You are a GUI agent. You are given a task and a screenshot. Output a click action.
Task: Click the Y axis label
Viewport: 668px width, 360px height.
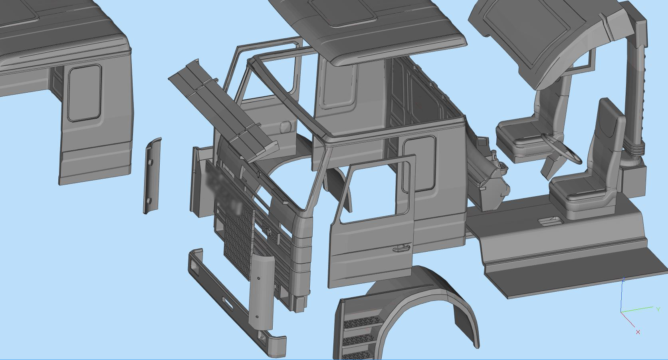pos(658,309)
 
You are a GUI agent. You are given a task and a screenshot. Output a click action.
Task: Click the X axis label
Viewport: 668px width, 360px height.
pos(638,332)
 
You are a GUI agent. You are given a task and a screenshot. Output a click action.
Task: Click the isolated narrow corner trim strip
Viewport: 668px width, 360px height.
pos(151,176)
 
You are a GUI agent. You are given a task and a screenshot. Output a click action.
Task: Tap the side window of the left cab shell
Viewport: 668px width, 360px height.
pos(84,93)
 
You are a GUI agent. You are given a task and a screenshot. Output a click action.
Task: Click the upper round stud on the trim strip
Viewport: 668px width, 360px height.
pos(152,163)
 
